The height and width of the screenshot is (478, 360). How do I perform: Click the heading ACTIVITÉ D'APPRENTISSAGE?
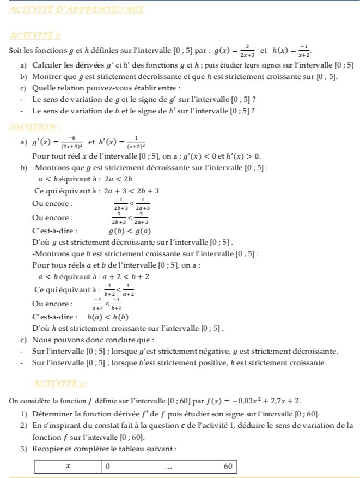[x=78, y=10]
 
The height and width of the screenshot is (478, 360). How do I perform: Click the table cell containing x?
[x=68, y=466]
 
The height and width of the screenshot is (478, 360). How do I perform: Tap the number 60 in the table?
[x=228, y=466]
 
